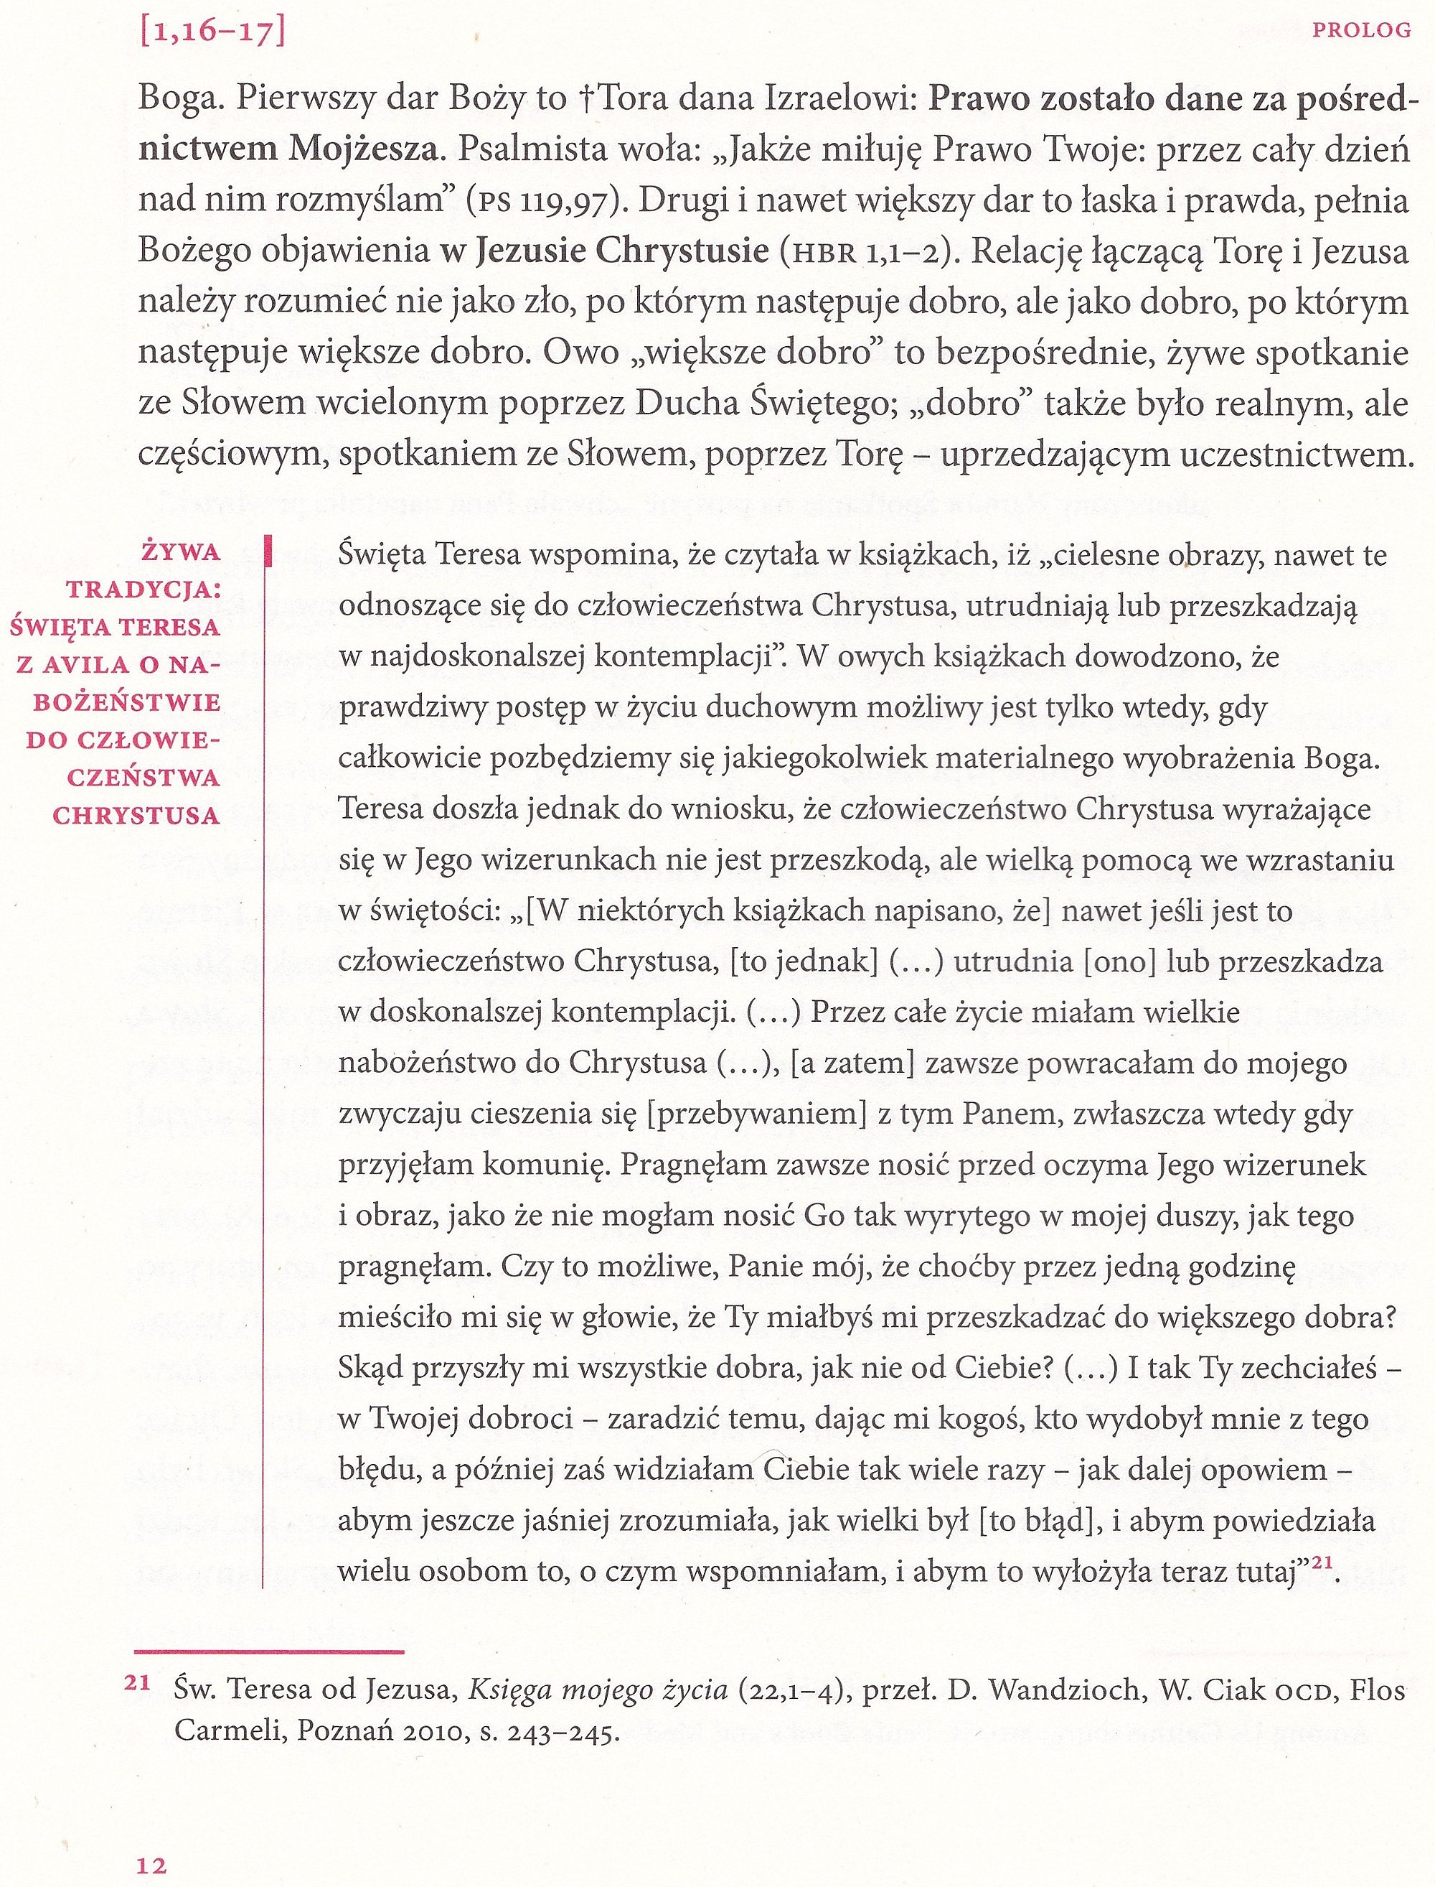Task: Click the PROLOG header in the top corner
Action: (1362, 31)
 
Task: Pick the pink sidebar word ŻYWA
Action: (181, 552)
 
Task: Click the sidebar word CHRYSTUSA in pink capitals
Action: (136, 814)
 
